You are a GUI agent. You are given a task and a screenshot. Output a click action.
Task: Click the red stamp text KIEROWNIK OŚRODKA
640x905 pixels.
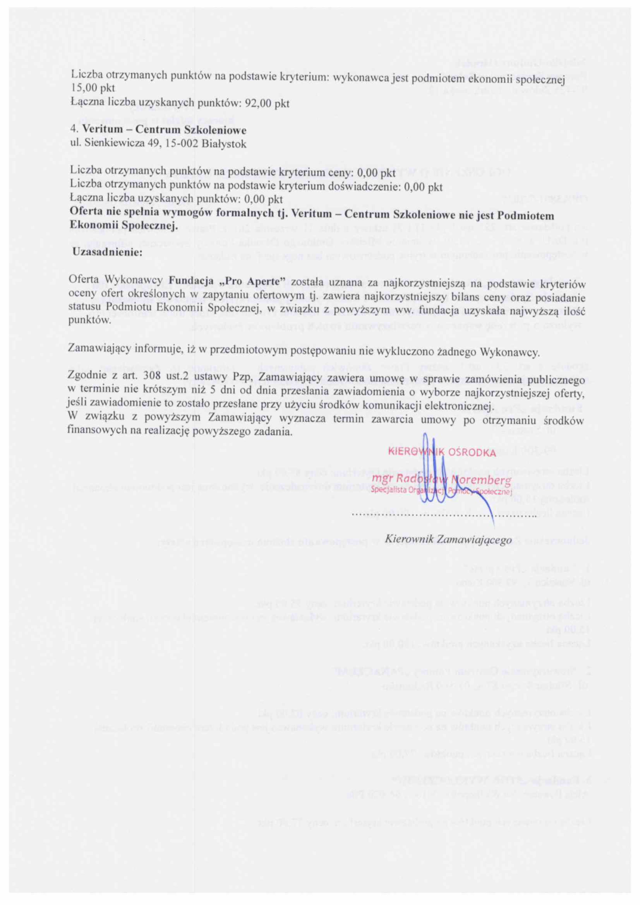tap(442, 452)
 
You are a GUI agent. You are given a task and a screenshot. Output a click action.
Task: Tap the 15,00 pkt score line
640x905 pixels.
tap(87, 89)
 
